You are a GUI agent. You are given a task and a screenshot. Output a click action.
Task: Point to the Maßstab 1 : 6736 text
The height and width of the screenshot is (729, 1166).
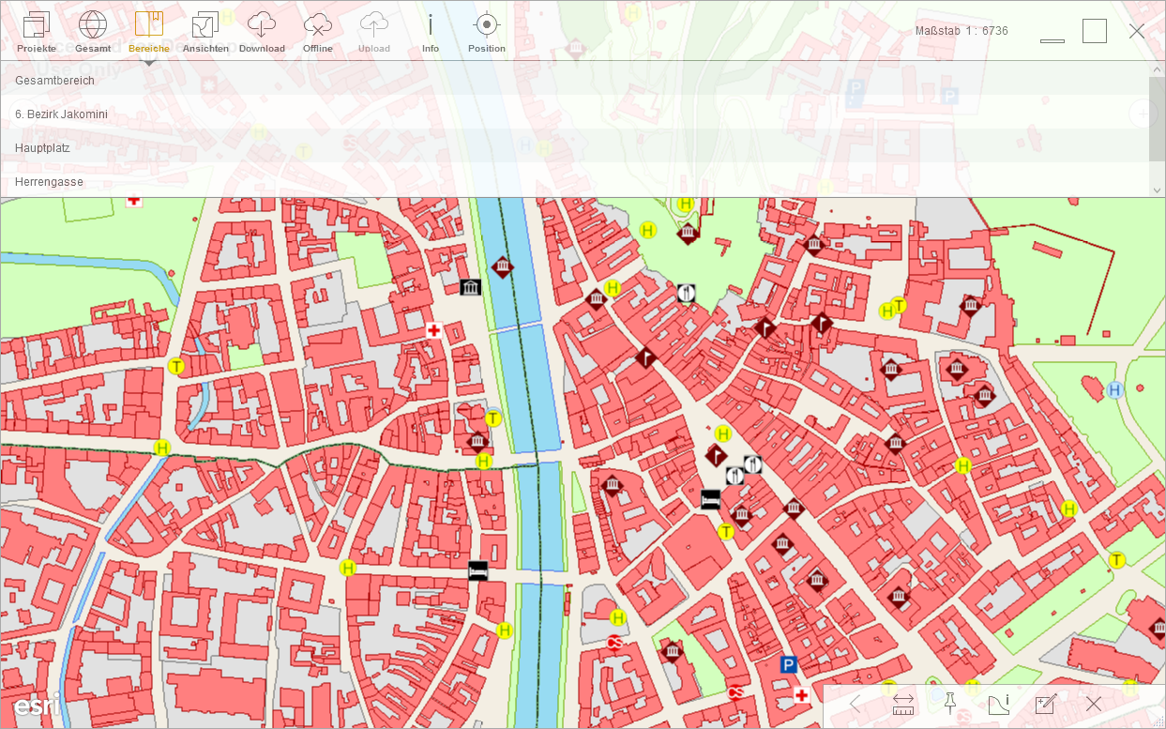[x=962, y=31]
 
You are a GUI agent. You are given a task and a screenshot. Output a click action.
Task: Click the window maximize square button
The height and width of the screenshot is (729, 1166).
[x=1095, y=31]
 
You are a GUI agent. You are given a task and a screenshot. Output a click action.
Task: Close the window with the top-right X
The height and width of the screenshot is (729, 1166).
[x=1137, y=31]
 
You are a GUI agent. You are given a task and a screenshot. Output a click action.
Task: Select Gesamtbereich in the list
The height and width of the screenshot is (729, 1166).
[x=54, y=81]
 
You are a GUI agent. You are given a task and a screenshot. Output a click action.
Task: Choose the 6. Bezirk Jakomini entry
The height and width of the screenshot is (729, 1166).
[x=61, y=114]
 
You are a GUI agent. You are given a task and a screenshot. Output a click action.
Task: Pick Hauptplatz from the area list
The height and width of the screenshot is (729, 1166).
[x=42, y=148]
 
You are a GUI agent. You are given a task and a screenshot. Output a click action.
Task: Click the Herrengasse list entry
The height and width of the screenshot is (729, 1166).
[x=49, y=182]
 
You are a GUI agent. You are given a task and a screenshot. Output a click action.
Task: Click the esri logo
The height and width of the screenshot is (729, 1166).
[x=37, y=704]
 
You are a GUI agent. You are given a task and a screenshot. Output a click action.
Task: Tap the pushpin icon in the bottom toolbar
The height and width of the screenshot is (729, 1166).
[x=949, y=703]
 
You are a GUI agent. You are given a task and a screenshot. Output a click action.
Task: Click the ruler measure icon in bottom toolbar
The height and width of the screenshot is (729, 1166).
[x=903, y=704]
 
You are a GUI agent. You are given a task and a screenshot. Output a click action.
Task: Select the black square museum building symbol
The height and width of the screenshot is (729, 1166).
[x=470, y=287]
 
